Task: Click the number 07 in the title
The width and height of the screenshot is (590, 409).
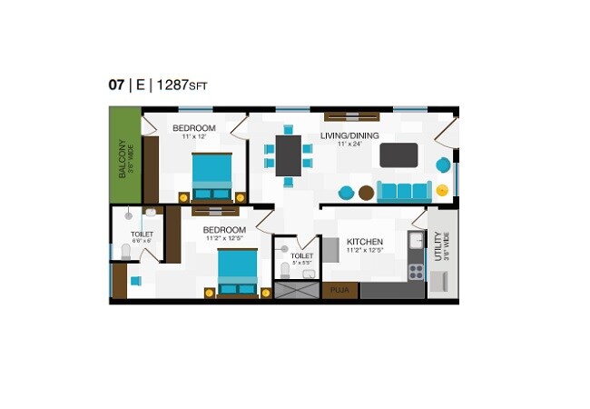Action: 116,85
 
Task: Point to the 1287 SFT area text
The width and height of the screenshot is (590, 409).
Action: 182,85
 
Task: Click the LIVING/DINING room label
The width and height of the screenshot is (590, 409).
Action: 349,135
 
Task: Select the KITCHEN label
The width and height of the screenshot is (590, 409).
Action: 365,241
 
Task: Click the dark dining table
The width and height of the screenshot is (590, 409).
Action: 288,155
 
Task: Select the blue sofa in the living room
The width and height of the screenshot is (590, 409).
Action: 404,191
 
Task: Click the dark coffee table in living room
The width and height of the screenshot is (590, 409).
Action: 398,155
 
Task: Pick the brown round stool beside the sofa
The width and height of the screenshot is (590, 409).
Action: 366,192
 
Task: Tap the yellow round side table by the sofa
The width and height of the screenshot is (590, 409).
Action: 442,191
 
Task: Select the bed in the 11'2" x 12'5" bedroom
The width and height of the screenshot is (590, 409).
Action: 238,272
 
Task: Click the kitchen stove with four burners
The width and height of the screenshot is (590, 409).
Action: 416,271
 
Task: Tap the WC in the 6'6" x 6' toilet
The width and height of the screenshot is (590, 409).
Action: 125,251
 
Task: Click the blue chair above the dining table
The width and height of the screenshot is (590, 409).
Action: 289,129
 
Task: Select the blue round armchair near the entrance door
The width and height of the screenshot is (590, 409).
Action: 443,165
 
